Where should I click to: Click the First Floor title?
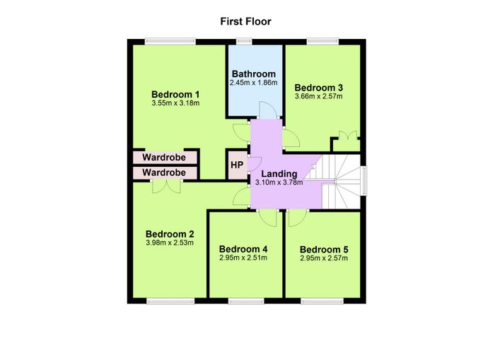pyautogui.click(x=245, y=21)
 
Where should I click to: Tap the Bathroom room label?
pyautogui.click(x=254, y=74)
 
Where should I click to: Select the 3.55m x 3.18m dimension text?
pyautogui.click(x=175, y=103)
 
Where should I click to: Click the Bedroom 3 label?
pyautogui.click(x=318, y=88)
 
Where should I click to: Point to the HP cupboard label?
pyautogui.click(x=237, y=165)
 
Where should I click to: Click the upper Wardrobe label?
pyautogui.click(x=164, y=157)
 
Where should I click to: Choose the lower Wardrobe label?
pyautogui.click(x=164, y=173)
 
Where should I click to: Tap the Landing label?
pyautogui.click(x=279, y=174)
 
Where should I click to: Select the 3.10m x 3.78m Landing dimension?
pyautogui.click(x=279, y=182)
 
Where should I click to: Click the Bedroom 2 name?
pyautogui.click(x=170, y=234)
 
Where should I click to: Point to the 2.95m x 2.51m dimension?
pyautogui.click(x=243, y=257)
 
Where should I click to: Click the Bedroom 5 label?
pyautogui.click(x=324, y=250)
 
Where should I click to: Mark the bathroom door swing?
pyautogui.click(x=268, y=110)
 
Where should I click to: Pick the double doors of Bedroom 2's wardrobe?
pyautogui.click(x=167, y=186)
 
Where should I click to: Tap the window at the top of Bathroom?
pyautogui.click(x=245, y=42)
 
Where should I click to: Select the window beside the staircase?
pyautogui.click(x=364, y=180)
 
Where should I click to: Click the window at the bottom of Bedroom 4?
pyautogui.click(x=246, y=301)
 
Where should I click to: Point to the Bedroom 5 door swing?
pyautogui.click(x=297, y=219)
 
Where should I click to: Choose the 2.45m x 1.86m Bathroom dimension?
pyautogui.click(x=254, y=83)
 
